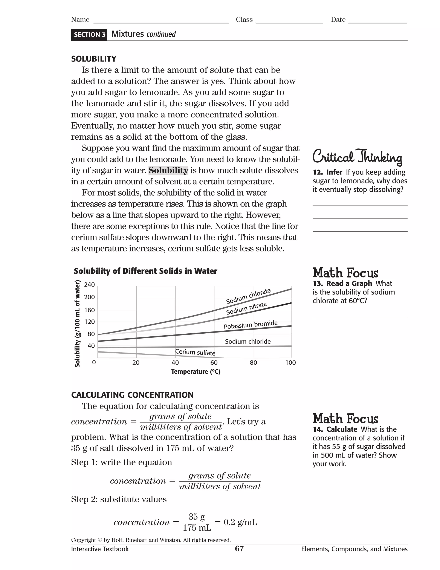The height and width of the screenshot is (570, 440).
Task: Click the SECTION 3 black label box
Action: pos(89,35)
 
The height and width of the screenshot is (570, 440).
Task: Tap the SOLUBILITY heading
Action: pos(94,59)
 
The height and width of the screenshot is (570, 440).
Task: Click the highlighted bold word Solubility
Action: pos(168,170)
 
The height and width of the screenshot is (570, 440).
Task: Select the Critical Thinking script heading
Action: pos(357,157)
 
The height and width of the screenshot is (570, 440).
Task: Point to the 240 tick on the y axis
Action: pos(89,285)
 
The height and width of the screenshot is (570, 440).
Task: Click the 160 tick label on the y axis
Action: pos(89,310)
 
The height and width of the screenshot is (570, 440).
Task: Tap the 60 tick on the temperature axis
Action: pos(214,362)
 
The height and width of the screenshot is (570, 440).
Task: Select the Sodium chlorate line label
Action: pos(248,296)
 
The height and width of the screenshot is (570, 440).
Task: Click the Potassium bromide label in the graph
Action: pos(251,325)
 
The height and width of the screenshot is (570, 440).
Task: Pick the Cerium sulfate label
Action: pos(195,352)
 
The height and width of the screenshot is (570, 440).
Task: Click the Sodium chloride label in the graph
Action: pos(248,341)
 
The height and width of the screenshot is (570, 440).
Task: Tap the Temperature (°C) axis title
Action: pos(196,372)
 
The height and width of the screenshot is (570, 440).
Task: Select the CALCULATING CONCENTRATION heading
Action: pos(132,395)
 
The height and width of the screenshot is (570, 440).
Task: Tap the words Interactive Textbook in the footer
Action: pos(100,549)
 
